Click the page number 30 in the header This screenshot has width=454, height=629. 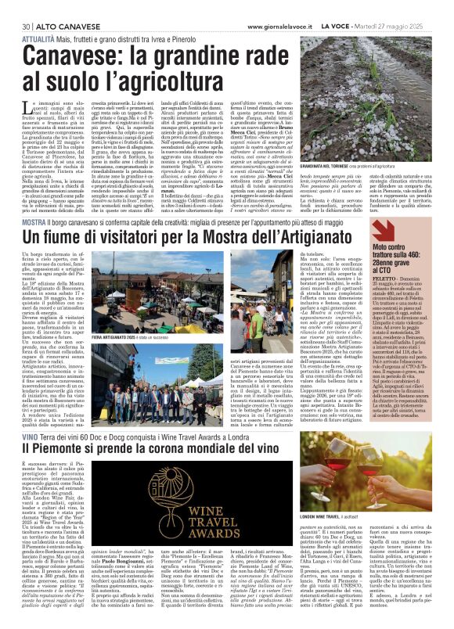[x=15, y=7]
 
